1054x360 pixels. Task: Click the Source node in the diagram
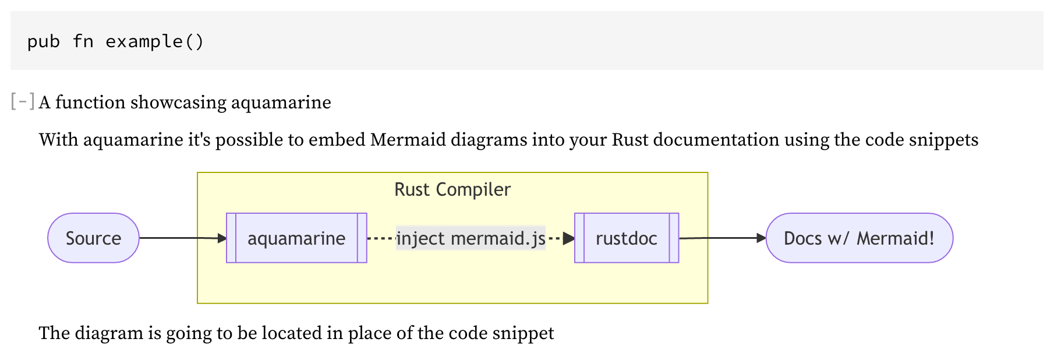pos(93,238)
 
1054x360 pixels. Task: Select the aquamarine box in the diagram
pos(296,238)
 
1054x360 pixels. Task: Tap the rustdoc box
pos(627,238)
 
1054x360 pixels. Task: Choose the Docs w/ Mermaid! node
pos(859,238)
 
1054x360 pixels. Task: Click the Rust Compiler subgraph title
pos(452,190)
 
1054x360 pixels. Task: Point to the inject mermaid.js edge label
pos(471,238)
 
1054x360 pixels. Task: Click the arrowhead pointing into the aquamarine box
pos(222,238)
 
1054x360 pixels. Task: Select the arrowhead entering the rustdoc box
pos(569,238)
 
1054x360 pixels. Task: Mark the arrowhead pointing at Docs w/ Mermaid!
pos(761,238)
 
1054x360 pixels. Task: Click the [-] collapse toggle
pos(23,102)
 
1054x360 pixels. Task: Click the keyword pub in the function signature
pos(44,41)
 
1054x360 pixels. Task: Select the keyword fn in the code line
pos(83,41)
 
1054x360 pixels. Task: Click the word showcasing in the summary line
pos(178,103)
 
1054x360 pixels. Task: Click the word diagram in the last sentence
pos(109,333)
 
